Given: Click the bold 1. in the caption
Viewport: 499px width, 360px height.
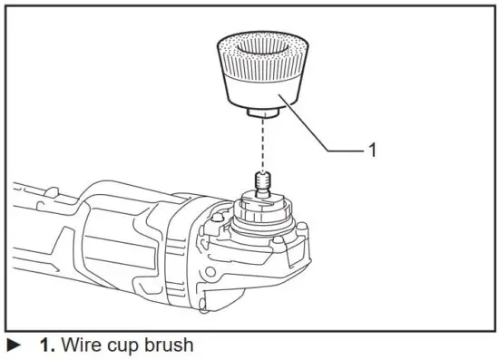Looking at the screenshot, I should (x=49, y=345).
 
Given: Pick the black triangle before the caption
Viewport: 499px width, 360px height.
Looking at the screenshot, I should (x=15, y=345).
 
